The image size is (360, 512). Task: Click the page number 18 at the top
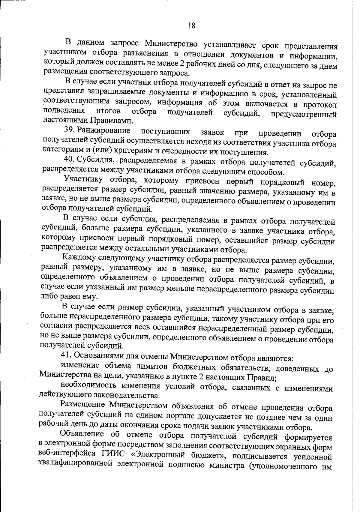pos(191,26)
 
